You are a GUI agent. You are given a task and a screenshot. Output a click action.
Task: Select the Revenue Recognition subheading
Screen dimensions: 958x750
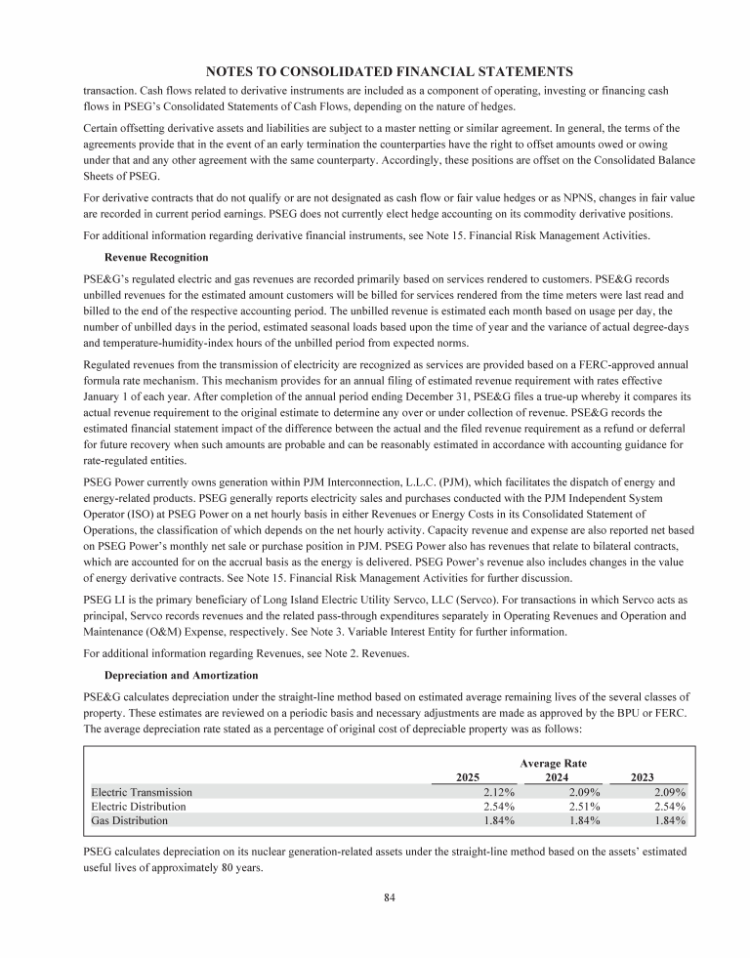point(155,258)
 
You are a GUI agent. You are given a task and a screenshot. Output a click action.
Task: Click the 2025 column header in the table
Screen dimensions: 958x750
point(468,776)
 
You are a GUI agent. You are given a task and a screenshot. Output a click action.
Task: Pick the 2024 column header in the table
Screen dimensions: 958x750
point(557,776)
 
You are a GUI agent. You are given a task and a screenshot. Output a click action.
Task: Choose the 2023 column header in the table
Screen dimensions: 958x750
point(642,776)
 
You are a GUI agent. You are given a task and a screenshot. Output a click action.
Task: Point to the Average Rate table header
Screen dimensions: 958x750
point(553,762)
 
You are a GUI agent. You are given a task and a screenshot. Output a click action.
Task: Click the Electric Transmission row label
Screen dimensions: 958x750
point(142,792)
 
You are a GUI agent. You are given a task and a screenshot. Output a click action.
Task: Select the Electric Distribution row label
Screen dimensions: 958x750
point(138,807)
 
